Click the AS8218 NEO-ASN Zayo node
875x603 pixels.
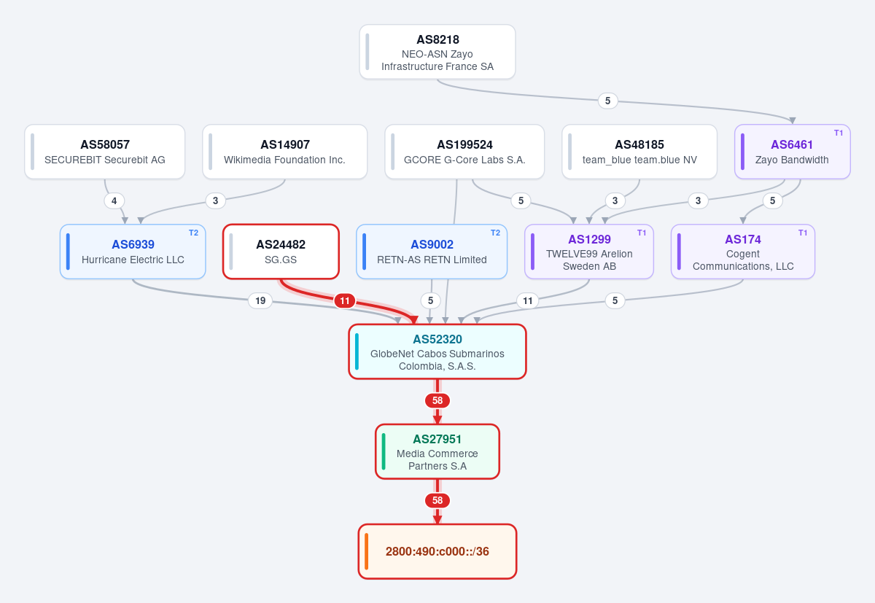pyautogui.click(x=437, y=52)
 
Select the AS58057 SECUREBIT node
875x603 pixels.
pyautogui.click(x=105, y=152)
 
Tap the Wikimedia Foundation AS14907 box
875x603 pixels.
pyautogui.click(x=285, y=152)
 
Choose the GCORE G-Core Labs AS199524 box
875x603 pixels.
pyautogui.click(x=464, y=152)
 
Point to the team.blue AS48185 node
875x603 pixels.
pyautogui.click(x=639, y=152)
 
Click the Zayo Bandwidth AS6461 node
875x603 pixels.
pyautogui.click(x=792, y=152)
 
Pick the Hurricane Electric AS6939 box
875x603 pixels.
pyautogui.click(x=133, y=252)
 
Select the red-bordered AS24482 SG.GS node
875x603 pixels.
pyautogui.click(x=281, y=252)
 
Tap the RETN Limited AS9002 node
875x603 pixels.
pyautogui.click(x=432, y=252)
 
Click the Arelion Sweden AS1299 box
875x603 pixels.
pyautogui.click(x=589, y=252)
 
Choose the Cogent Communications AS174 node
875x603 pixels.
pyautogui.click(x=743, y=252)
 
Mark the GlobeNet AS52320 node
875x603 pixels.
pyautogui.click(x=437, y=351)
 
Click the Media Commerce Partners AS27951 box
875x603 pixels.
pyautogui.click(x=437, y=451)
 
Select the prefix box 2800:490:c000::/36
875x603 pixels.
pyautogui.click(x=437, y=551)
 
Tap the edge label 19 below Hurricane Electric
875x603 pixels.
pyautogui.click(x=260, y=300)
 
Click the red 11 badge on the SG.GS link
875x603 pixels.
pyautogui.click(x=344, y=300)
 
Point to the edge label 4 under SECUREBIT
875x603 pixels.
pyautogui.click(x=114, y=201)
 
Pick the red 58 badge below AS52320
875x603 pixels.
pyautogui.click(x=437, y=401)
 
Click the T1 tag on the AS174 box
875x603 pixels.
pyautogui.click(x=803, y=233)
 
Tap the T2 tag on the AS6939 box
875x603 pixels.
pyautogui.click(x=193, y=233)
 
